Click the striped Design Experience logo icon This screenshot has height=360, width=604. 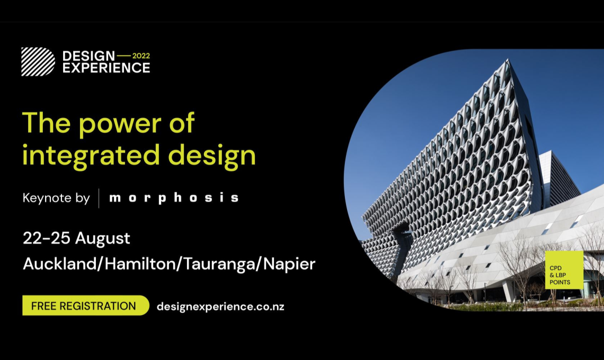[38, 61]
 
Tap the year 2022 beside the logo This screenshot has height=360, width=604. [141, 56]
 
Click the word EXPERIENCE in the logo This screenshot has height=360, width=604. [106, 68]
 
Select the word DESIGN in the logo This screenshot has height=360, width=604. [88, 56]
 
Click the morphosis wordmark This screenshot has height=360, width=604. [174, 198]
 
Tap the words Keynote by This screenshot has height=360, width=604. [56, 198]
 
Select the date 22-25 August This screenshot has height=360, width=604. [76, 238]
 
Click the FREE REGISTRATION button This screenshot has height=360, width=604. [85, 305]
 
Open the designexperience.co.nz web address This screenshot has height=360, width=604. [220, 307]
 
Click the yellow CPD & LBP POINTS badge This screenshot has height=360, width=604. [564, 270]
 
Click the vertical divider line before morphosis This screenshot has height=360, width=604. [99, 198]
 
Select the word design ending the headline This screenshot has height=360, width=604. [212, 156]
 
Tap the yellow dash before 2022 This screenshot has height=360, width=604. [123, 56]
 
